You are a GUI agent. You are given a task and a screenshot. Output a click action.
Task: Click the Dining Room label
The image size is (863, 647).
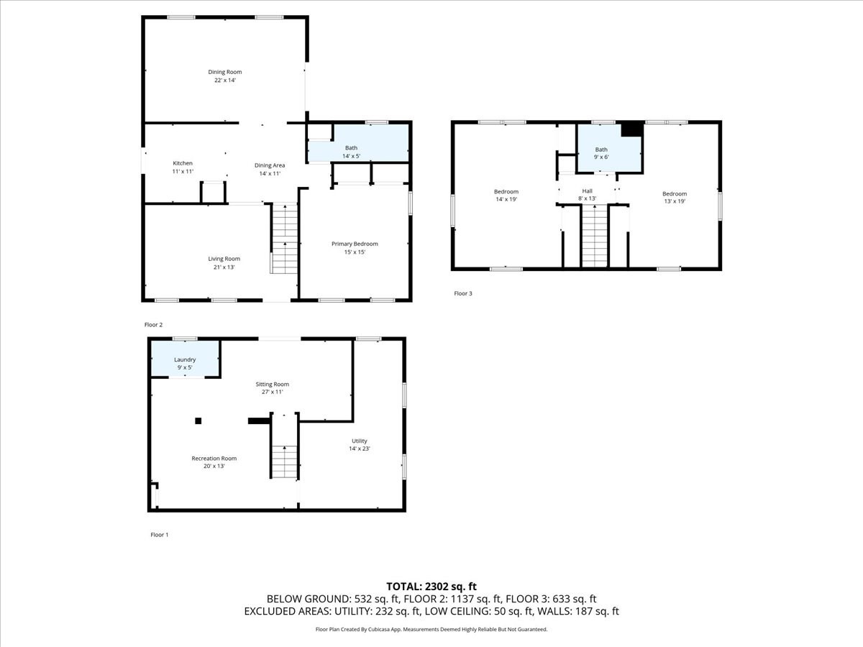click(224, 72)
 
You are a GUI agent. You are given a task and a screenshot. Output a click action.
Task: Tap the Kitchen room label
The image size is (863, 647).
click(182, 163)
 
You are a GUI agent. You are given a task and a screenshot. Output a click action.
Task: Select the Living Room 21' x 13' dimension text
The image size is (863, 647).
click(224, 267)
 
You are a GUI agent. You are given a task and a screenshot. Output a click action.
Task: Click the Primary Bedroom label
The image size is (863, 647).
click(354, 244)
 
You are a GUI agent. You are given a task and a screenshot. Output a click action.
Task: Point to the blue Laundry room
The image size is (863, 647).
click(185, 359)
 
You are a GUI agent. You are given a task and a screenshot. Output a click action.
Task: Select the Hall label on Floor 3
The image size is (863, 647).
click(587, 191)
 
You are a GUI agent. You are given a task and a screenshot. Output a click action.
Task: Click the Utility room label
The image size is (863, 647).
click(360, 441)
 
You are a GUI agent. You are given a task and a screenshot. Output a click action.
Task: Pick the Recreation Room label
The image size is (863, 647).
click(214, 458)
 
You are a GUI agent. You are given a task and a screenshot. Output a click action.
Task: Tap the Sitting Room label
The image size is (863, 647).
click(272, 384)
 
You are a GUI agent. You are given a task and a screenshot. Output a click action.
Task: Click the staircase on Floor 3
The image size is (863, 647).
click(594, 236)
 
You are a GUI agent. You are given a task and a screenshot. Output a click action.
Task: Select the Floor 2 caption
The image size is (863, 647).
click(153, 325)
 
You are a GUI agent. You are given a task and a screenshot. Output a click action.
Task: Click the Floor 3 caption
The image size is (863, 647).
click(462, 293)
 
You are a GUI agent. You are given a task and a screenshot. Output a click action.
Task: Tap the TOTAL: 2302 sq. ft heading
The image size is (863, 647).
click(431, 586)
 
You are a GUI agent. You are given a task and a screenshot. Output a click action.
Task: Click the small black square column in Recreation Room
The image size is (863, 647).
click(199, 421)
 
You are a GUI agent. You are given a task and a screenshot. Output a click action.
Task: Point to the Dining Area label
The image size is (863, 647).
click(269, 165)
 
